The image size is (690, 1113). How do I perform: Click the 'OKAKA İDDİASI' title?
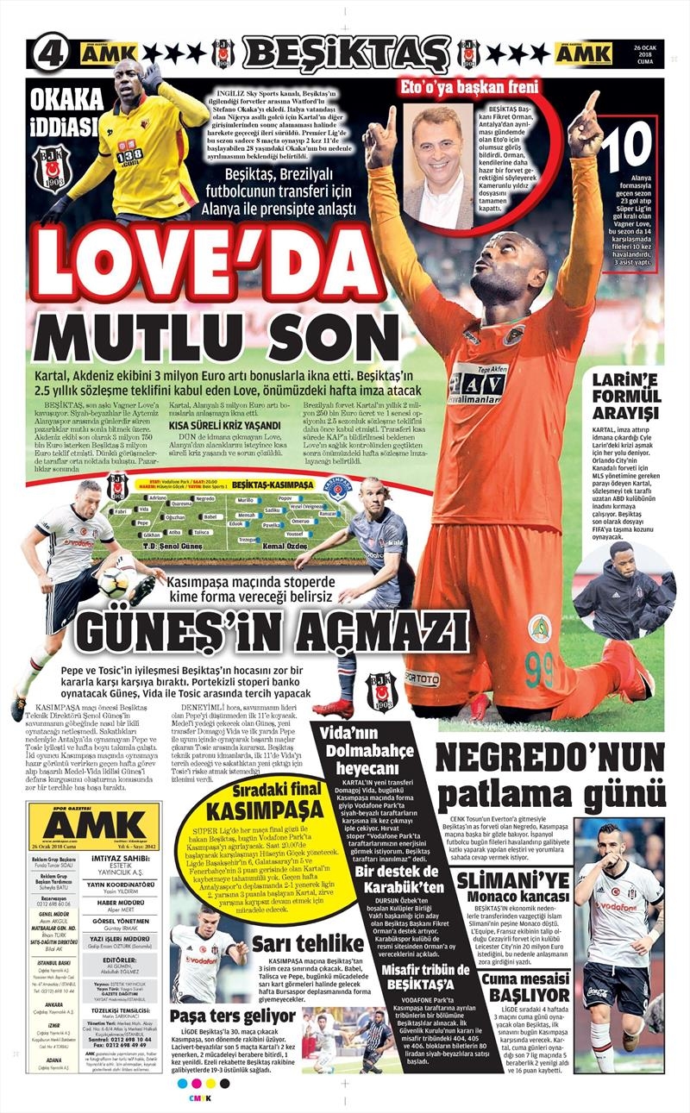click(x=66, y=114)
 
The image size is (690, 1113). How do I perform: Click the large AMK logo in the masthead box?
click(x=93, y=825)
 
